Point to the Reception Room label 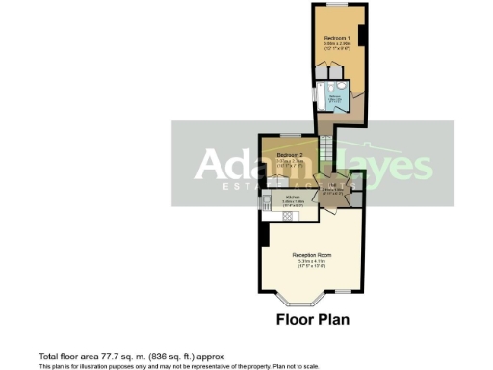point(312,255)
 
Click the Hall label point(330,186)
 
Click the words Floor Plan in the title point(312,319)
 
